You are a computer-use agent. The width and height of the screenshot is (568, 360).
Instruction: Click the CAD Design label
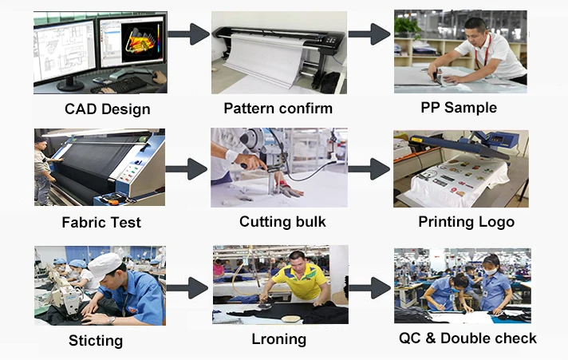pyautogui.click(x=107, y=109)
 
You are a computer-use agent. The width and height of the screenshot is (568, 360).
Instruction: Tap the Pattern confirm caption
pyautogui.click(x=278, y=108)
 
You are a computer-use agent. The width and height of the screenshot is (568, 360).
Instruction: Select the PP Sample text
pyautogui.click(x=458, y=107)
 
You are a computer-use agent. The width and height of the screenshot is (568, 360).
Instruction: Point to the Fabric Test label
pyautogui.click(x=102, y=223)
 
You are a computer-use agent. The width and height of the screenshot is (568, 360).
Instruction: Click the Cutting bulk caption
pyautogui.click(x=282, y=222)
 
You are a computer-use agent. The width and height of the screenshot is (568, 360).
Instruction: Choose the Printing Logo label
pyautogui.click(x=466, y=222)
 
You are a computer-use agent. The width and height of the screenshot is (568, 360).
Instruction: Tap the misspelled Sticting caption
pyautogui.click(x=96, y=341)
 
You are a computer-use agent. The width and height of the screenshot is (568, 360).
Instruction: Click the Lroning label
pyautogui.click(x=278, y=338)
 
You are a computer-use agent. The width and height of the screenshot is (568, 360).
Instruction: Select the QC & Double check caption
pyautogui.click(x=467, y=338)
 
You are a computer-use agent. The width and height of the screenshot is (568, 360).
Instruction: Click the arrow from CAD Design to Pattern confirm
pyautogui.click(x=188, y=34)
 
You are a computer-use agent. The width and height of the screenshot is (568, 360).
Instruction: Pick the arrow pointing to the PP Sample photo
pyautogui.click(x=369, y=34)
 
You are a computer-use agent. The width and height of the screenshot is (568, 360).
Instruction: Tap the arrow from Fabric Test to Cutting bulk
pyautogui.click(x=187, y=168)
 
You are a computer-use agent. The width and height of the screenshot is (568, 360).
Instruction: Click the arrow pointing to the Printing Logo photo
pyautogui.click(x=369, y=168)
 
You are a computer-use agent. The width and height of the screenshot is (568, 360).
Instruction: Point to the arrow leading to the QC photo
pyautogui.click(x=369, y=288)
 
